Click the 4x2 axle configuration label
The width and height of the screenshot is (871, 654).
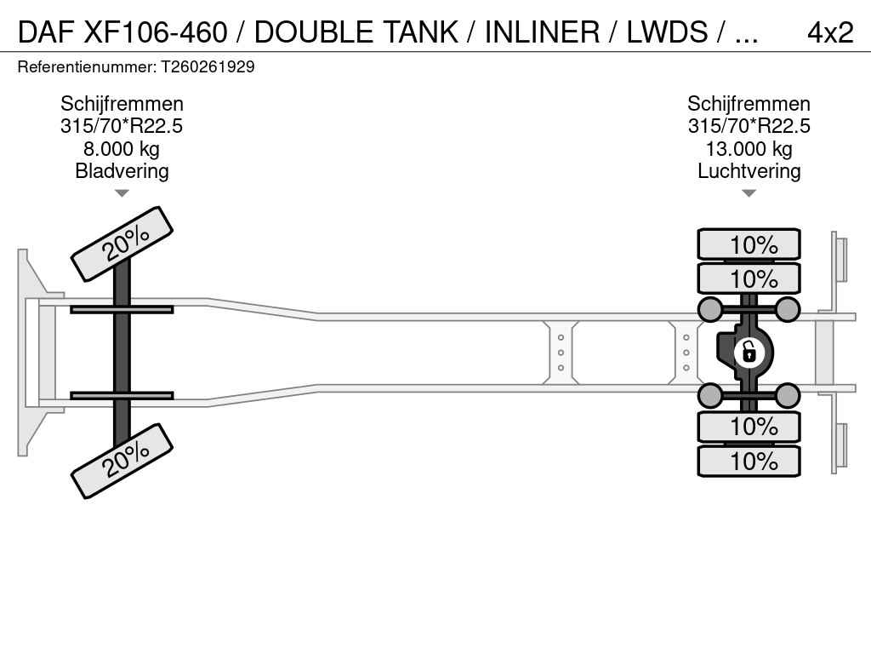[829, 32]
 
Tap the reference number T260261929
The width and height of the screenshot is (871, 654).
[208, 66]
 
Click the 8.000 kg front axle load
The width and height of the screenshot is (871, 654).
[122, 149]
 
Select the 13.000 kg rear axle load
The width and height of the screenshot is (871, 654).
[749, 149]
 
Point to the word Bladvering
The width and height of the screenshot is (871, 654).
[122, 171]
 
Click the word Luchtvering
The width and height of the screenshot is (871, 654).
[749, 171]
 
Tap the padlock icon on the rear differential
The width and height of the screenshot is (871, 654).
[749, 352]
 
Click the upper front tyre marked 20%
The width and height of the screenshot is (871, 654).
[122, 244]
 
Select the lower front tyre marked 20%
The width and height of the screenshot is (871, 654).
[122, 460]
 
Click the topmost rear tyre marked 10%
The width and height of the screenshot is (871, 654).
[749, 244]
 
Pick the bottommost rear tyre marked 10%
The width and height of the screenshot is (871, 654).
[749, 461]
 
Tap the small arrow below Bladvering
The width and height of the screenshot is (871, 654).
[122, 193]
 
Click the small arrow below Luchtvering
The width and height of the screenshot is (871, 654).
[749, 193]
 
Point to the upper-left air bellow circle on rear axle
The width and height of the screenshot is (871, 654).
[709, 309]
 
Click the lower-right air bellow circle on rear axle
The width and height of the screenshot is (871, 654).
[788, 395]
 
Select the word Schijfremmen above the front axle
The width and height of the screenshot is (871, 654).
[122, 104]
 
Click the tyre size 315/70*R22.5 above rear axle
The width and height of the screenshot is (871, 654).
[749, 127]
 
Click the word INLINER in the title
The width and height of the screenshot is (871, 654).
[542, 32]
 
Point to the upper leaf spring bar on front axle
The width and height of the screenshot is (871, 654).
[122, 309]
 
